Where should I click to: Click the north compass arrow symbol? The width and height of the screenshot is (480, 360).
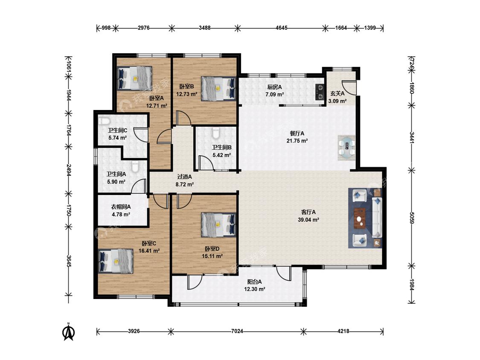[69, 332]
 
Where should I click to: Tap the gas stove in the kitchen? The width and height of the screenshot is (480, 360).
[320, 92]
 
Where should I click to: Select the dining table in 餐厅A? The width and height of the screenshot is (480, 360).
[347, 148]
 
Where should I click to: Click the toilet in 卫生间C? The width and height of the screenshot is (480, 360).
[104, 121]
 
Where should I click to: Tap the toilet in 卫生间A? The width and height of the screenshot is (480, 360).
[135, 167]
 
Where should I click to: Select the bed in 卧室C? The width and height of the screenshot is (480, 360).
[116, 261]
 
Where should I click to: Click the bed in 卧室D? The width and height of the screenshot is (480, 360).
[218, 225]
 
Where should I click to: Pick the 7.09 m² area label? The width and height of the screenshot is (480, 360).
[275, 94]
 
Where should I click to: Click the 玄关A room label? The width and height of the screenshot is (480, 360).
[337, 93]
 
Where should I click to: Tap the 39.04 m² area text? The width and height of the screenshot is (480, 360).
[308, 220]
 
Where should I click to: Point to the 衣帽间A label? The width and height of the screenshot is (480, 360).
[121, 207]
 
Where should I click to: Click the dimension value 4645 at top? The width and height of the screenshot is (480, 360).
[281, 28]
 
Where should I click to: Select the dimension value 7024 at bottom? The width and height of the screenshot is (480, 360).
[237, 331]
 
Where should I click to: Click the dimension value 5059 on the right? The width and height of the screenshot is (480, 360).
[412, 218]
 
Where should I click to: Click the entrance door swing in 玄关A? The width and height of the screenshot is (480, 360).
[349, 87]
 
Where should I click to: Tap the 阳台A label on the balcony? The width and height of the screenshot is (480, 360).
[254, 282]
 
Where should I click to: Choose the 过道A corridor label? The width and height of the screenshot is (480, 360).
[185, 177]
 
